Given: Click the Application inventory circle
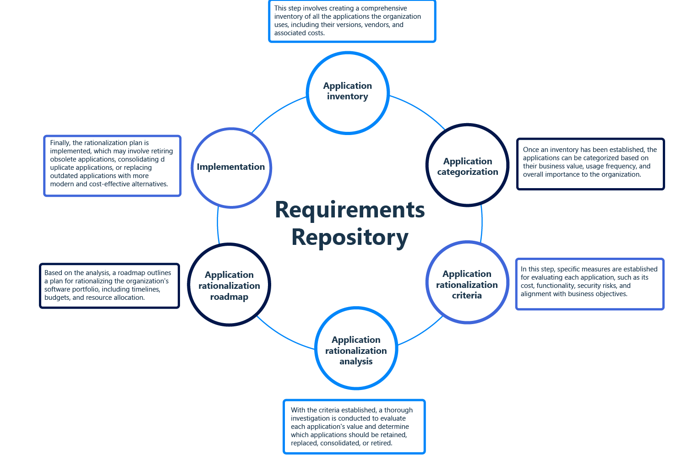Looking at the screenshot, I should pos(348,92).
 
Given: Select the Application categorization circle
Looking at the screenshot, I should pos(467,165).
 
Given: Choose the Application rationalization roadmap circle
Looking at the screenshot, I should pos(229,285).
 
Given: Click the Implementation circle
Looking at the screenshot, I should pos(231,168).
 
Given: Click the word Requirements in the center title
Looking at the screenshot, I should pos(350,210).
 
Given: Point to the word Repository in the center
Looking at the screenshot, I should pos(350,238).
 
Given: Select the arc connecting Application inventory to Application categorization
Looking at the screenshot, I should pos(419,110).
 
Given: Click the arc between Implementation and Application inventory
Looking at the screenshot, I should pos(277,111).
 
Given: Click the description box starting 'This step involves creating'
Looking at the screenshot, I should pos(352,21).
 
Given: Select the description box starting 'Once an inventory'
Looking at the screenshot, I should pos(590,163).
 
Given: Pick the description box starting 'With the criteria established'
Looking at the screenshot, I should pos(354,427).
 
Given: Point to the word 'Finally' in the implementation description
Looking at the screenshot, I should pos(60,143).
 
